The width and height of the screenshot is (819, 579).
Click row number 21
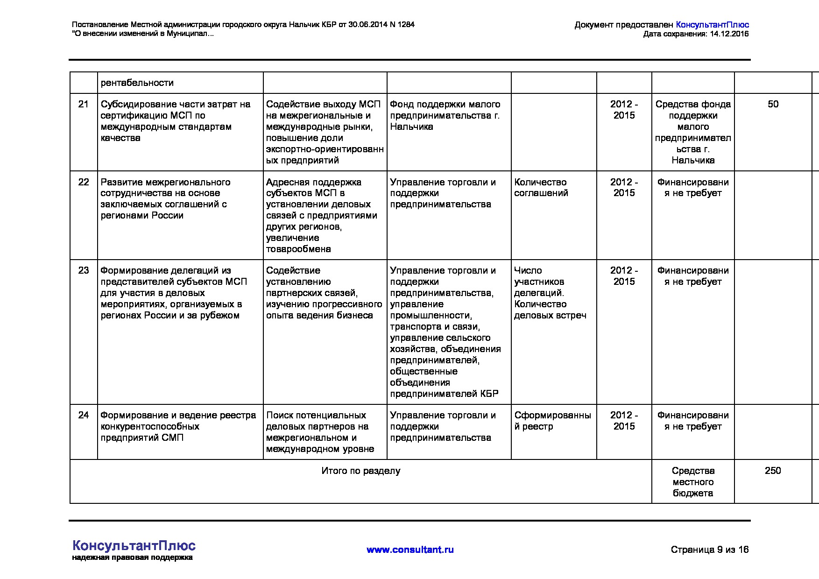(x=83, y=104)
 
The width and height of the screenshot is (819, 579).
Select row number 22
(x=83, y=182)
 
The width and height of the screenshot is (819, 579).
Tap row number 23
(x=83, y=270)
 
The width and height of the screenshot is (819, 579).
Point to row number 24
(x=83, y=415)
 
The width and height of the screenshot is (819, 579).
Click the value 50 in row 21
(x=773, y=104)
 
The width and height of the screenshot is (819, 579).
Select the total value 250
(x=773, y=471)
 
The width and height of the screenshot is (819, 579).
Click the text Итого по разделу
(x=360, y=471)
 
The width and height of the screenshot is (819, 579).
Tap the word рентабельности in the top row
(x=137, y=83)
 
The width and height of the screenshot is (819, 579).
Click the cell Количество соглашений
(x=541, y=188)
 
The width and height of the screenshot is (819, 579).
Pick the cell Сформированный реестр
(x=552, y=421)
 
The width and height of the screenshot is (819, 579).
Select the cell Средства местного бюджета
(x=693, y=482)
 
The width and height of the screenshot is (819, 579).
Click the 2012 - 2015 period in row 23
(x=624, y=276)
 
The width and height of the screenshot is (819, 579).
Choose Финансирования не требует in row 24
(x=693, y=421)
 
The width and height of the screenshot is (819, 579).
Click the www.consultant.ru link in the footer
(x=410, y=550)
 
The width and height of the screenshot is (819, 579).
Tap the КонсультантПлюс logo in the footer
(x=134, y=546)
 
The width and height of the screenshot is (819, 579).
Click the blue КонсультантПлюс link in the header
(x=712, y=25)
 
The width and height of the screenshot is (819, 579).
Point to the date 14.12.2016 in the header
(x=729, y=34)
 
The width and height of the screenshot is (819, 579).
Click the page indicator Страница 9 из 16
(x=709, y=550)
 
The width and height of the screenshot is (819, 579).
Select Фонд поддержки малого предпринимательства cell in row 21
(x=445, y=115)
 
